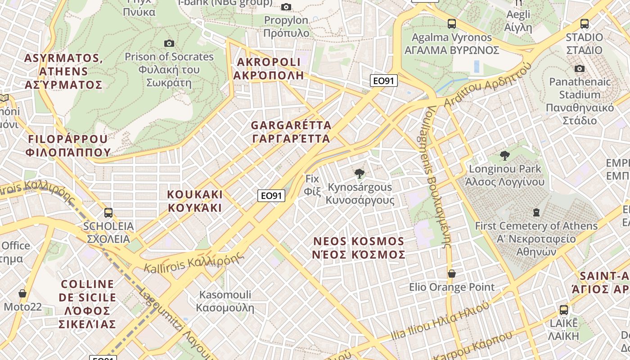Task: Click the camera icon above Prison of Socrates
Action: click(169, 43)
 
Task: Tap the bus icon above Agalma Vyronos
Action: click(452, 23)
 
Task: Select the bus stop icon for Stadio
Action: click(585, 23)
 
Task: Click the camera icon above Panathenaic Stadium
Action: click(580, 68)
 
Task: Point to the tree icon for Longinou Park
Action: click(505, 156)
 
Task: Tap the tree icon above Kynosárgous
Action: click(359, 174)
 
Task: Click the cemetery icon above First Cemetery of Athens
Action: click(536, 212)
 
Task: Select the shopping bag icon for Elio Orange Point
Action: click(452, 274)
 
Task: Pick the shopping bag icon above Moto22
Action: click(22, 293)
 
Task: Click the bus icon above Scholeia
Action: click(108, 212)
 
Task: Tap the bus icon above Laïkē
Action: click(563, 310)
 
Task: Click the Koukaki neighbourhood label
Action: click(195, 201)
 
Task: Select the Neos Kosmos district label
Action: click(359, 248)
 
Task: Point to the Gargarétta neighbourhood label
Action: click(291, 132)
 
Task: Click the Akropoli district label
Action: click(269, 68)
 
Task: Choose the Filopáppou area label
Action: click(68, 145)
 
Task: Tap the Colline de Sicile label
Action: click(88, 304)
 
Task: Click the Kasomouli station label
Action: click(225, 301)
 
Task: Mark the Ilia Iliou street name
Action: click(440, 320)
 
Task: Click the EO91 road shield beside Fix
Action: click(271, 196)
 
